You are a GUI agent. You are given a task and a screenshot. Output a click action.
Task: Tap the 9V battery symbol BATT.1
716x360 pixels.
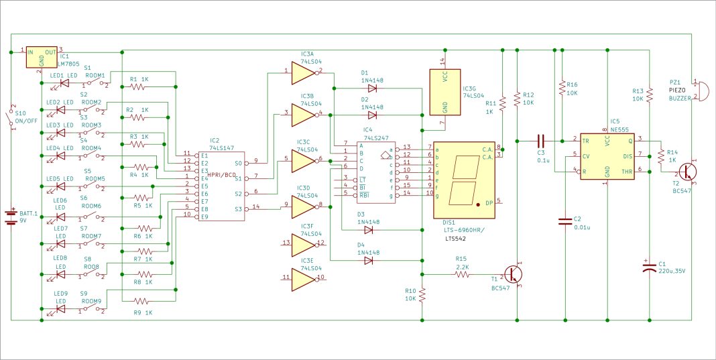point(11,216)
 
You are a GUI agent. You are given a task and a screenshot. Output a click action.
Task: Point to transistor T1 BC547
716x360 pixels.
point(515,274)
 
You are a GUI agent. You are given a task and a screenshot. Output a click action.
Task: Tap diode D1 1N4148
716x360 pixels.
point(371,88)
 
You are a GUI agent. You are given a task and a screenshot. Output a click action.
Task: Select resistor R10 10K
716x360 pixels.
point(422,296)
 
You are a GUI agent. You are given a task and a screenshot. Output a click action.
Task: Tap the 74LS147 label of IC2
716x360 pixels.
point(221,147)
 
